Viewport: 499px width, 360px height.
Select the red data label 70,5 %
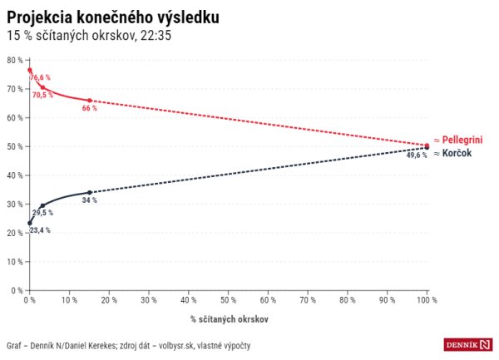pos(42,96)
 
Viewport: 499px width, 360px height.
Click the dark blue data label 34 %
pos(89,200)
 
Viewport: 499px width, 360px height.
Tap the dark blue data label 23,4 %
pos(39,229)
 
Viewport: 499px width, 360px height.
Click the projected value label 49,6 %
pos(417,155)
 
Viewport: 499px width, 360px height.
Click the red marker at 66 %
pos(89,101)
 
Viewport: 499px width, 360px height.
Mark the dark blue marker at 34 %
pos(89,192)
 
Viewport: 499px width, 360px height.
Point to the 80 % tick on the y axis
pos(13,60)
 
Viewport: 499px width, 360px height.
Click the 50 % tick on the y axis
pos(13,146)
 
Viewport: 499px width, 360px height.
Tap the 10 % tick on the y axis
pos(13,262)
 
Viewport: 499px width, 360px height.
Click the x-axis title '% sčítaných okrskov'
pos(229,318)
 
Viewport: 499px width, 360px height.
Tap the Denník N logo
pos(468,344)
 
